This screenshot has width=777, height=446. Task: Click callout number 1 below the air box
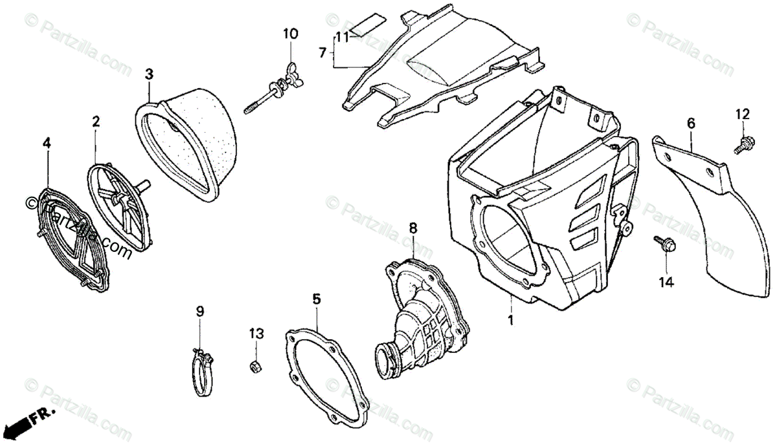tap(510, 320)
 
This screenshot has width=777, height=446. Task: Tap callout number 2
tap(96, 122)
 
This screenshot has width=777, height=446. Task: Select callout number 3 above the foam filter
tap(149, 74)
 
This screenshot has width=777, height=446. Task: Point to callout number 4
tap(46, 143)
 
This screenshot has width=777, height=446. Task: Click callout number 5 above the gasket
tap(316, 299)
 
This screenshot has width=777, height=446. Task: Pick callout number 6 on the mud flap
tap(691, 122)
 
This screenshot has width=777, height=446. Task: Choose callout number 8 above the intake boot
tap(413, 228)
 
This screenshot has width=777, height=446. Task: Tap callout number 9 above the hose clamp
tap(200, 311)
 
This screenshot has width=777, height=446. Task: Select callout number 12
tap(742, 115)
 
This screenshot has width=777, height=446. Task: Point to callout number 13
tap(256, 333)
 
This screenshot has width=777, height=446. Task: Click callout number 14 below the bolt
tap(666, 282)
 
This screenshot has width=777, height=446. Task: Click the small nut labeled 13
tap(255, 368)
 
